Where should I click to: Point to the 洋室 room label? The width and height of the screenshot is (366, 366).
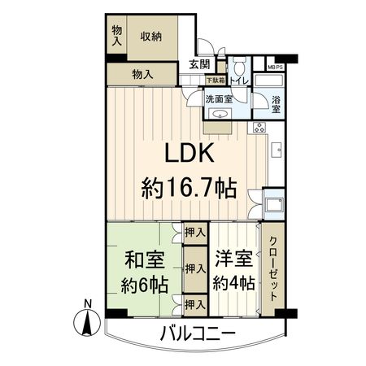233,261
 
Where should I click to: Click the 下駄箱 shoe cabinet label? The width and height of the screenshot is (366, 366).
214,81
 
